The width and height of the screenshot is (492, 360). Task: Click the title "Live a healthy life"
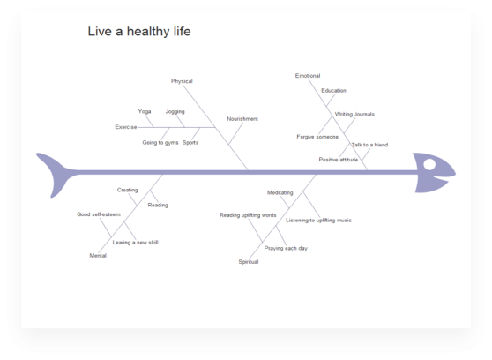click(139, 32)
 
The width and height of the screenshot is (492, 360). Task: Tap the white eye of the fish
click(429, 164)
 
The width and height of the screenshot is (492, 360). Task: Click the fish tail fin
click(57, 174)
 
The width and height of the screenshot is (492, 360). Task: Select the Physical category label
click(182, 81)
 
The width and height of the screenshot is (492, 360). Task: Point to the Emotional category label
click(308, 76)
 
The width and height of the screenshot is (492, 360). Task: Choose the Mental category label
click(98, 255)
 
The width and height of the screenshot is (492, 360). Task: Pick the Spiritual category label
click(249, 262)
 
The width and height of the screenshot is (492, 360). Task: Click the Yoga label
click(145, 111)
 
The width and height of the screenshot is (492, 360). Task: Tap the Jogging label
click(175, 111)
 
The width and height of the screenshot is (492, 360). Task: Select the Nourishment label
click(242, 119)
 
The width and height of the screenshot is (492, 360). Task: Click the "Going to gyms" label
click(160, 142)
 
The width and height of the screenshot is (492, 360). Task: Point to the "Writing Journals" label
click(354, 114)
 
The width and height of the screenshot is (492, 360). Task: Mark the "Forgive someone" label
click(317, 137)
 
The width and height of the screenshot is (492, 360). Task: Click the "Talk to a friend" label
click(369, 145)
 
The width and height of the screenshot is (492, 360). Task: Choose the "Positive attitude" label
click(339, 160)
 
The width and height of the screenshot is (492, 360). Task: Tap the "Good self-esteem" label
click(99, 214)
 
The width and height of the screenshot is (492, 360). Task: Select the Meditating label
click(280, 192)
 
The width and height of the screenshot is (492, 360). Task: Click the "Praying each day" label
click(286, 248)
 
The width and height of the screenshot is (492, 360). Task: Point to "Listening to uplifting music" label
click(318, 221)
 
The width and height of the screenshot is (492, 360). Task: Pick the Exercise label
click(126, 127)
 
